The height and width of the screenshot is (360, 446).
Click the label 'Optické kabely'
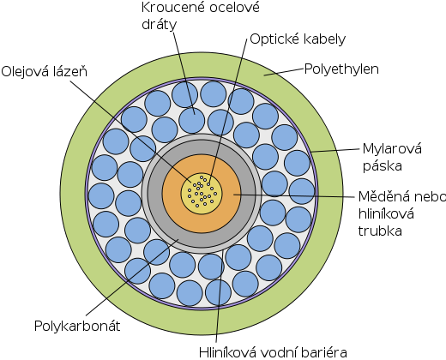[298, 39]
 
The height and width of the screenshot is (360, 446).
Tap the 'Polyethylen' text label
[341, 69]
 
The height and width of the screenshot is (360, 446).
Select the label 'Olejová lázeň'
[45, 71]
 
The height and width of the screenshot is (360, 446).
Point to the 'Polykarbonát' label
[77, 326]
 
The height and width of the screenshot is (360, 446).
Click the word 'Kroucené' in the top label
[172, 8]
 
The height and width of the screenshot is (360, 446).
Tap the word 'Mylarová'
[392, 149]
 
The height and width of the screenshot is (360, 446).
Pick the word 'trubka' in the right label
[380, 231]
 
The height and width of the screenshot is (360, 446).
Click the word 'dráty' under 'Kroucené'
[160, 25]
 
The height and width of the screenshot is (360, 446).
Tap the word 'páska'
[383, 166]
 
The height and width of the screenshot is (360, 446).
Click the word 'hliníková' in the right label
[386, 213]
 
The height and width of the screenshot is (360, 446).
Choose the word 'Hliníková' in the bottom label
[231, 352]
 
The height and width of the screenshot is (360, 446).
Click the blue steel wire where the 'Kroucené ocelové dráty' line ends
[191, 121]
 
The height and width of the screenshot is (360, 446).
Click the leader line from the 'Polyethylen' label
[283, 72]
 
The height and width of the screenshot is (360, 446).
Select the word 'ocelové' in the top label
[234, 8]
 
